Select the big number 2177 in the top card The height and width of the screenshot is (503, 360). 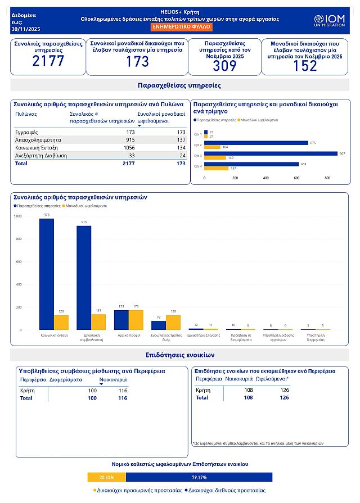click(48, 61)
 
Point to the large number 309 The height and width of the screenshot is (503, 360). click(224, 66)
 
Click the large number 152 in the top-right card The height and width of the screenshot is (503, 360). click(305, 66)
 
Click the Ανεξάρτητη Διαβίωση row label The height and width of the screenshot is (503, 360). click(40, 155)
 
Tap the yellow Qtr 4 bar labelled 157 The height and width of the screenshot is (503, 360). click(217, 168)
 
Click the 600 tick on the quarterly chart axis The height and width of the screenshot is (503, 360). click(296, 178)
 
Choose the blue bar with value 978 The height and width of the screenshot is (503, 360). click(47, 274)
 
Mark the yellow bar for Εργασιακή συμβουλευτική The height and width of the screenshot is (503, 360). click(98, 322)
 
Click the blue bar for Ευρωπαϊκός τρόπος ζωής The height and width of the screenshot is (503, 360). click(159, 325)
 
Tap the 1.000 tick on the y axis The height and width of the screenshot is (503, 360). click(17, 216)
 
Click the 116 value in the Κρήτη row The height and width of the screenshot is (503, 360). click(123, 390)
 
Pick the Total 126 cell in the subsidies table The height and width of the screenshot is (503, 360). click(284, 397)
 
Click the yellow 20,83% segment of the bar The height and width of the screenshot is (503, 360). click(107, 477)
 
